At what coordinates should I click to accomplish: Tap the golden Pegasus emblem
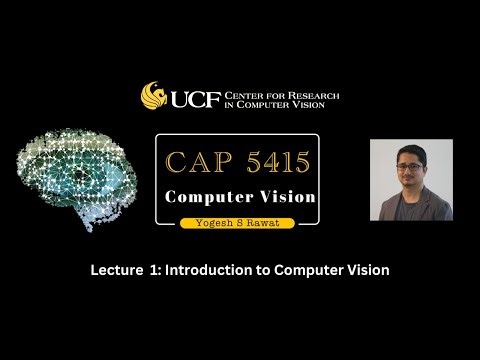click(154, 96)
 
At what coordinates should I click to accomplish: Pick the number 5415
click(270, 161)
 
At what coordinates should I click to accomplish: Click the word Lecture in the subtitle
click(116, 270)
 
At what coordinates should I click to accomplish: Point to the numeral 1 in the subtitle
click(157, 270)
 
